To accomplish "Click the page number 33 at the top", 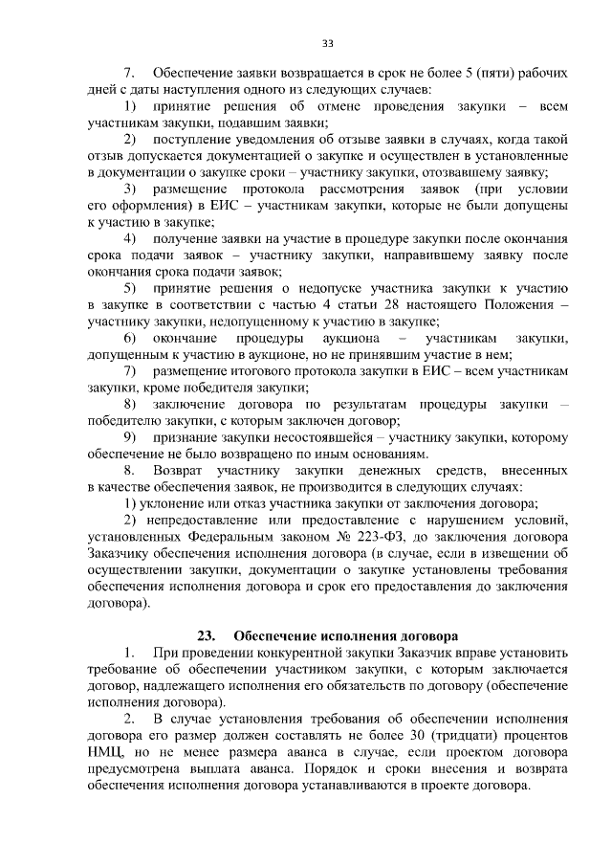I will click(x=327, y=43).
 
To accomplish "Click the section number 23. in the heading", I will click(x=208, y=635).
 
